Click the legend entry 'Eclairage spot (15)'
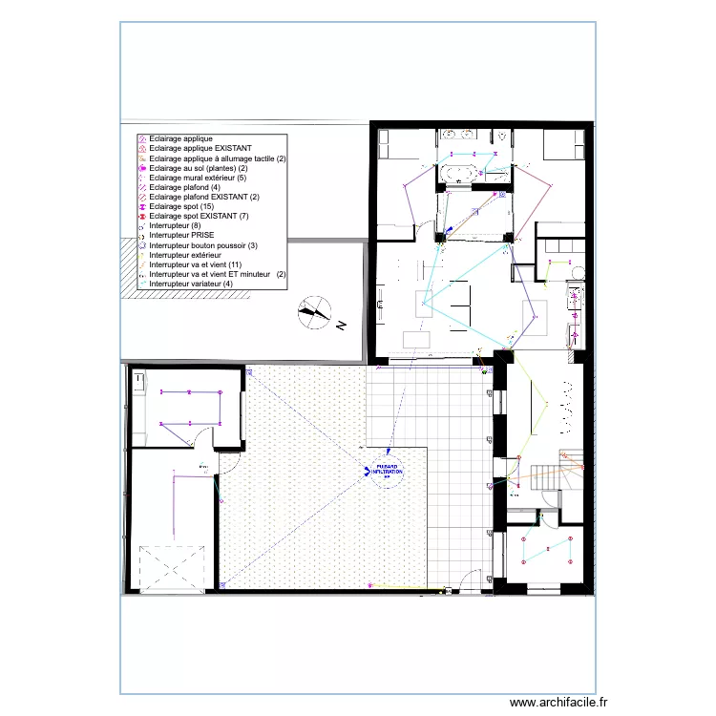coord(180,206)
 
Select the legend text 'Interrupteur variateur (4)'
coord(191,284)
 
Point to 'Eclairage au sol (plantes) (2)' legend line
coord(200,168)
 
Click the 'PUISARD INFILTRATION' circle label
coord(387,471)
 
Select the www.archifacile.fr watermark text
coord(558,701)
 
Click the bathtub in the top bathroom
coord(462,173)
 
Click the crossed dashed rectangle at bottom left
coord(173,569)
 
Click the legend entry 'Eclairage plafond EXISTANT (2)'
coord(198,197)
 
